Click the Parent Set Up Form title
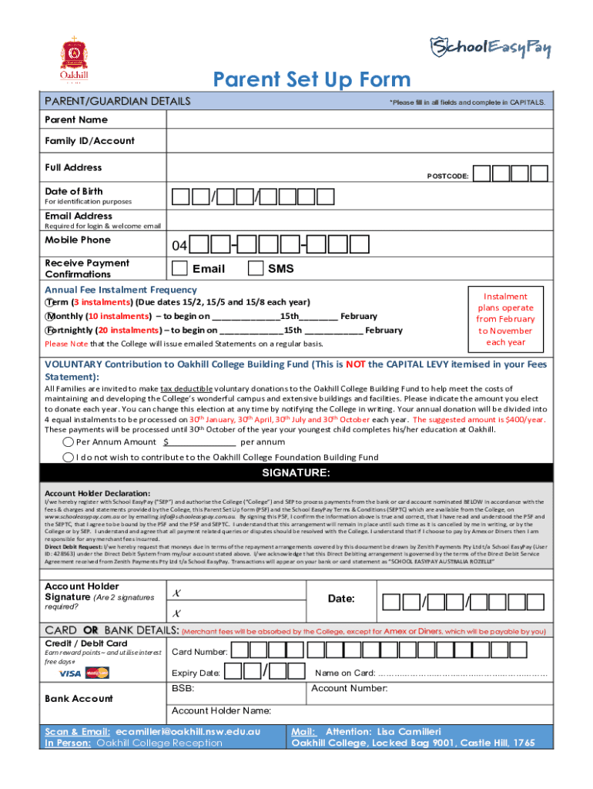point(312,79)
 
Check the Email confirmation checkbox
point(179,268)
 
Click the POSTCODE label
point(447,176)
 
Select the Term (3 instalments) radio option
point(49,302)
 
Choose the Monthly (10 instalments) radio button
point(49,316)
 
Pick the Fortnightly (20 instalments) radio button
point(49,330)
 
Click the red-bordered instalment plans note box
point(505,319)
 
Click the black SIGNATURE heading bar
point(296,472)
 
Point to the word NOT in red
point(355,364)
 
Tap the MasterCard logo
point(98,673)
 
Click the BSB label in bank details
point(183,688)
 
